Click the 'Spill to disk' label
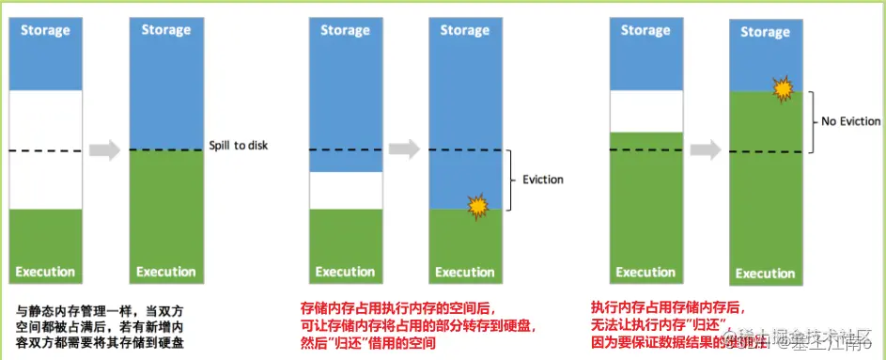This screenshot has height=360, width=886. pos(240,147)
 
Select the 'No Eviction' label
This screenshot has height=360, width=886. pos(850,121)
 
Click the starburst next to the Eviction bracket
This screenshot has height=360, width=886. pos(478,206)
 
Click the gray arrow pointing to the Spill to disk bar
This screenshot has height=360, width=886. pos(104,149)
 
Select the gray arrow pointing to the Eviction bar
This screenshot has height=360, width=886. pos(405,149)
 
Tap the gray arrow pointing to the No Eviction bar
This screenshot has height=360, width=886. pos(706,150)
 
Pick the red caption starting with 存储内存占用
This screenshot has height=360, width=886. pos(419,324)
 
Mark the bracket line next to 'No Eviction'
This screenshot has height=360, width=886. pos(813,121)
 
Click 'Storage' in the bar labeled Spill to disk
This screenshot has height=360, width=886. pos(166,30)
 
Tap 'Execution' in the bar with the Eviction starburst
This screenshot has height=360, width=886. pos(465,273)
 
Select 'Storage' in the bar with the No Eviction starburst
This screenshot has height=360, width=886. pos(766,33)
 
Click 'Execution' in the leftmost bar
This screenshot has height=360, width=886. pos(45,272)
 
